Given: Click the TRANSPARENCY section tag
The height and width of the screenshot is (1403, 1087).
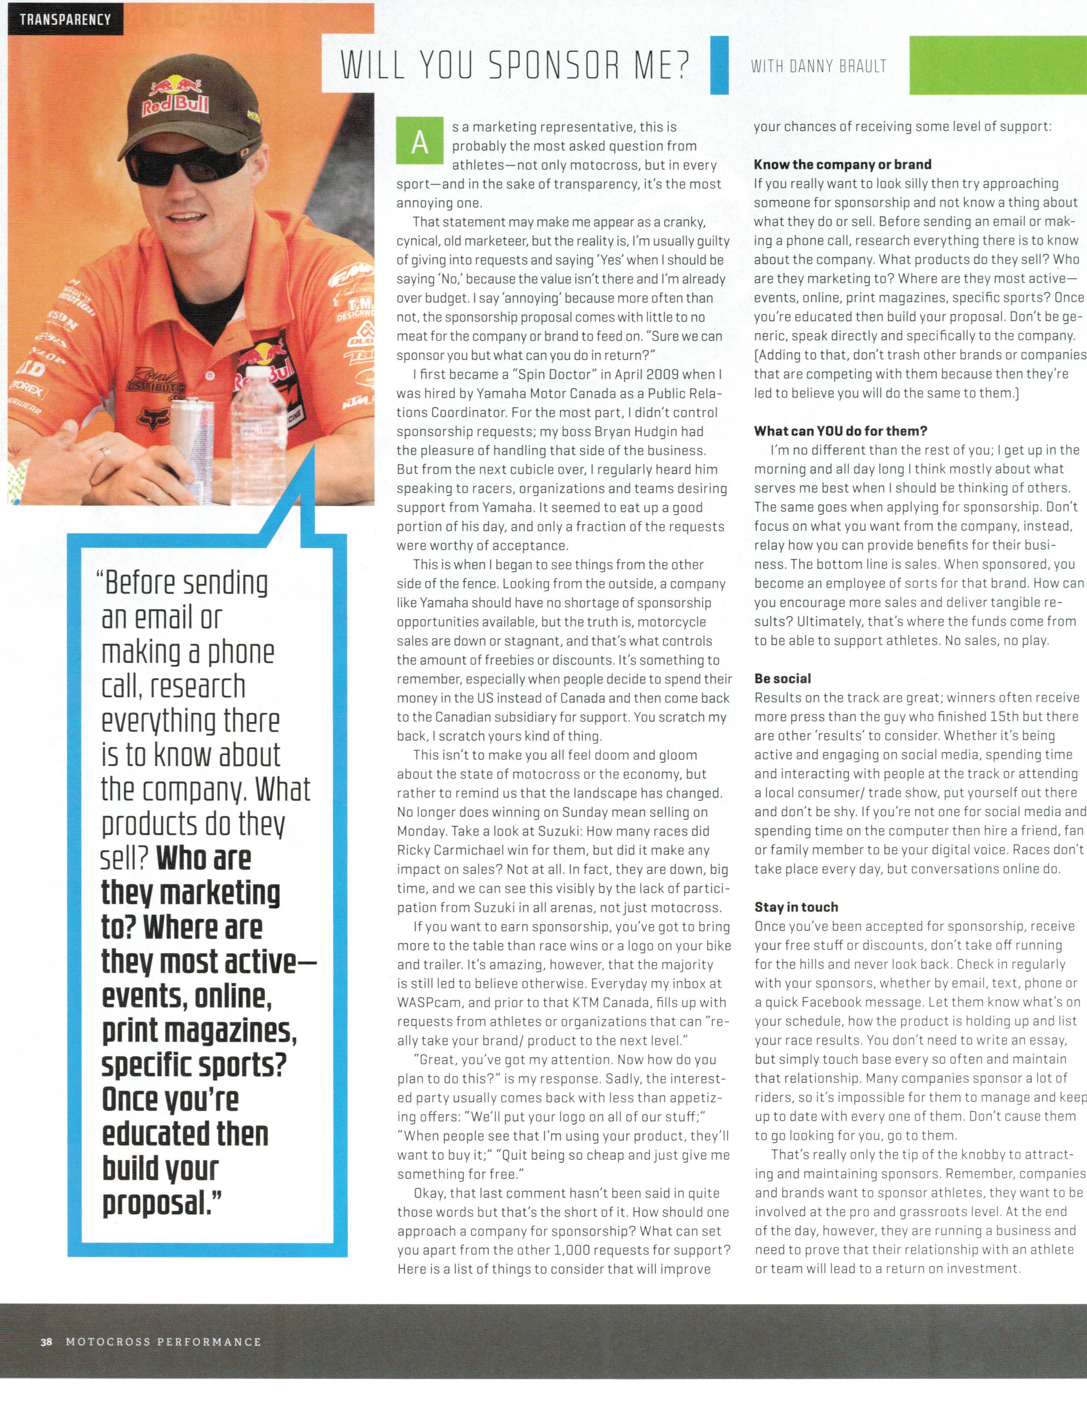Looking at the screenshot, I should pos(65,19).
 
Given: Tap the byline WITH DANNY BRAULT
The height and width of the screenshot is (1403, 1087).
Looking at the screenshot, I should pos(818,66).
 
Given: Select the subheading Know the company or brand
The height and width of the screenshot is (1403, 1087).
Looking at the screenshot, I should pos(843,164).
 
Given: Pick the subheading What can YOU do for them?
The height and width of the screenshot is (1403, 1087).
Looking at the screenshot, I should pos(840,431).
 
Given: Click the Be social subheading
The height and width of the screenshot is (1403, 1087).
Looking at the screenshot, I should pos(783,678).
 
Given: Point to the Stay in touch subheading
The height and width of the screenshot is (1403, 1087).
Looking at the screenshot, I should pos(796,907).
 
